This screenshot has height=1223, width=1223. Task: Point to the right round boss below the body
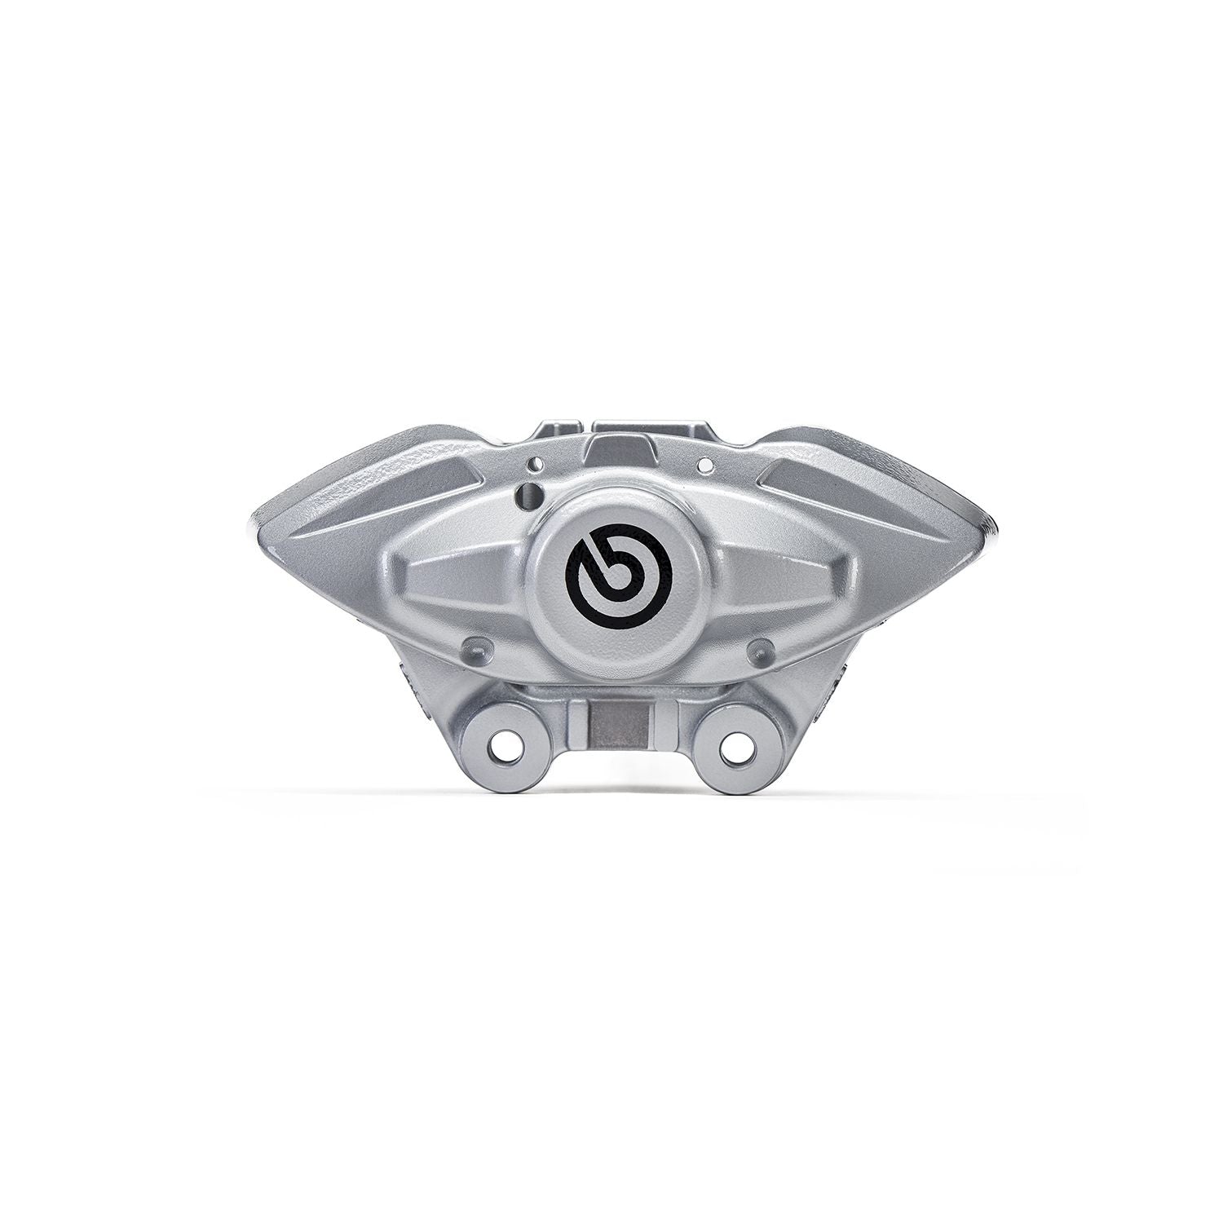(759, 649)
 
